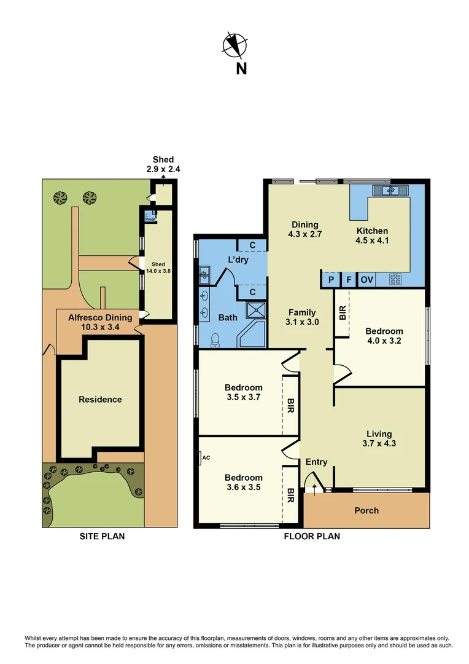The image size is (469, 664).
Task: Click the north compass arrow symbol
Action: (x=233, y=44)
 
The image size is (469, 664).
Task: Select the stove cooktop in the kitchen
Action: (x=396, y=279)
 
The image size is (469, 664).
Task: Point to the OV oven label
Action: (x=366, y=280)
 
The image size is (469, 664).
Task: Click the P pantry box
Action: (x=331, y=280)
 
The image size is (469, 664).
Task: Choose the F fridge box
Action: (x=349, y=280)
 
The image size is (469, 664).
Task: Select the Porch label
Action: (x=366, y=510)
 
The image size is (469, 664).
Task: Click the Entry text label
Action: (x=316, y=462)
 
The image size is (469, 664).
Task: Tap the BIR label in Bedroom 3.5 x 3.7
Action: (x=290, y=405)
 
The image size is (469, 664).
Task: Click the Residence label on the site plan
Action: (x=100, y=400)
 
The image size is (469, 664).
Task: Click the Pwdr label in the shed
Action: (x=150, y=218)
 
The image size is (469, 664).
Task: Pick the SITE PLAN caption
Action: (x=102, y=536)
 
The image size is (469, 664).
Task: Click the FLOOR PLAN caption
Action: (x=311, y=536)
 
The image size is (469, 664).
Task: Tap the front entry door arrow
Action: (x=316, y=489)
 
